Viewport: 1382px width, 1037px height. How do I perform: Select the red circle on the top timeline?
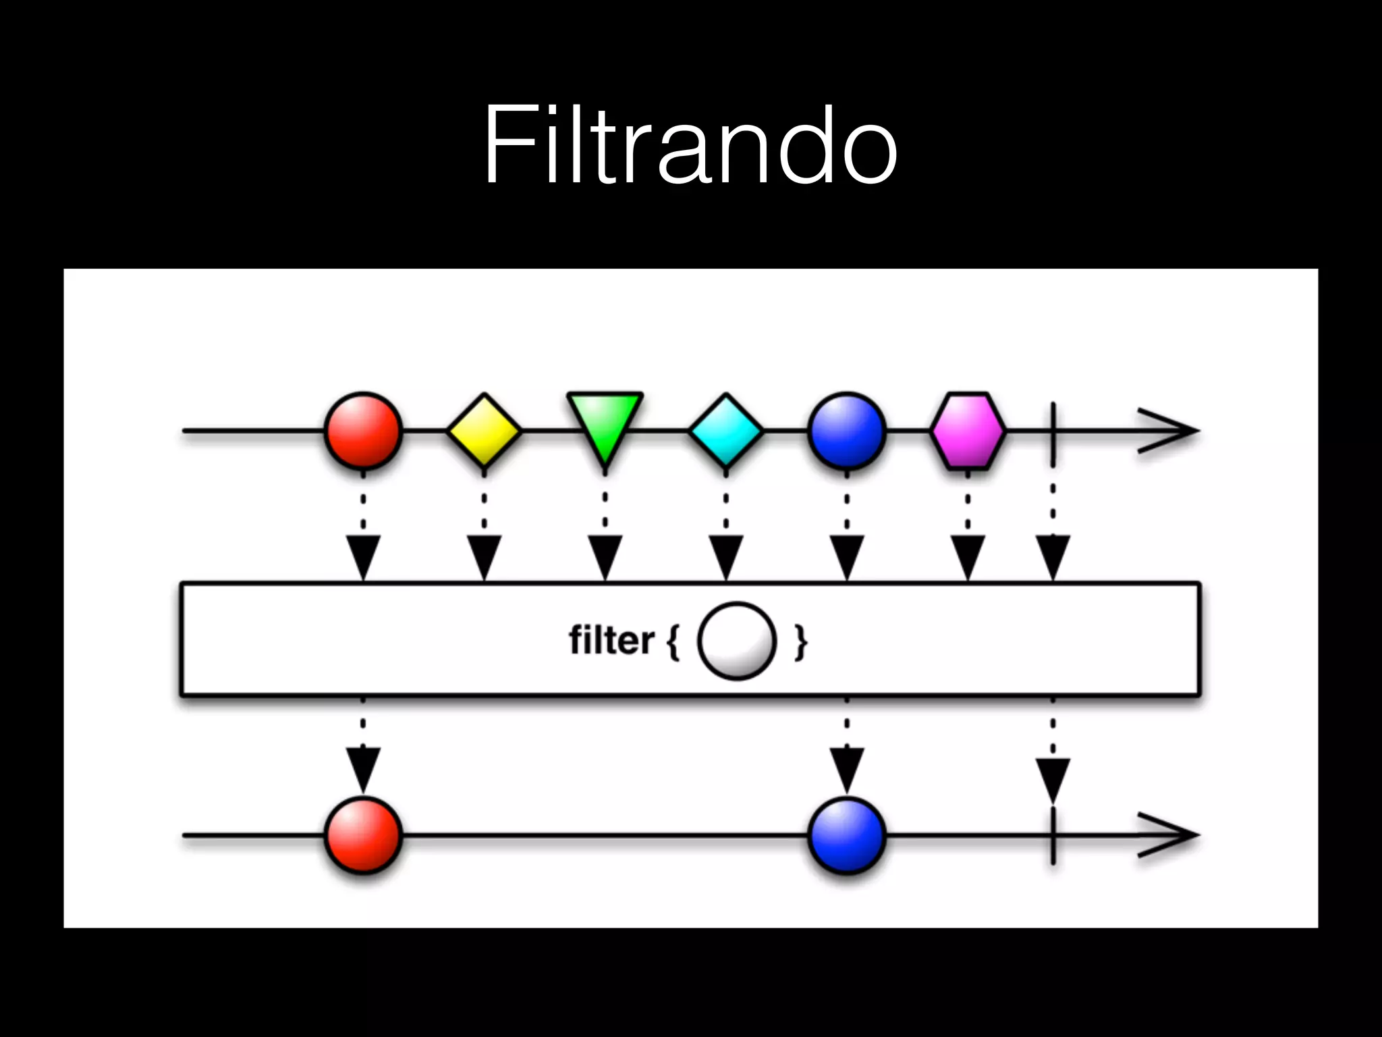click(x=363, y=430)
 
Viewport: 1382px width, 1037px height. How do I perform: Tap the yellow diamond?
click(x=484, y=430)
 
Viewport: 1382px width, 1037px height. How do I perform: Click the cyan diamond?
click(x=725, y=430)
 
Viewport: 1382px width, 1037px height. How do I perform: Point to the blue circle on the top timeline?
click(x=846, y=430)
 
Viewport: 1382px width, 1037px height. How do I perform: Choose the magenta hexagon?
click(x=968, y=430)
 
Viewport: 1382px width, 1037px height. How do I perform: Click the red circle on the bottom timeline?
click(x=363, y=835)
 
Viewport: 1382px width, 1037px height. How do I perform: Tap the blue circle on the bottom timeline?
click(x=846, y=835)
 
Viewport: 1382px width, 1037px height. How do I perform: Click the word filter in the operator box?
click(x=611, y=640)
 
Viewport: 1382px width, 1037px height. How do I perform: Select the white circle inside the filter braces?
click(x=736, y=640)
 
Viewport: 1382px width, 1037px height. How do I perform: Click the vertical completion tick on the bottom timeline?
click(x=1053, y=836)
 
